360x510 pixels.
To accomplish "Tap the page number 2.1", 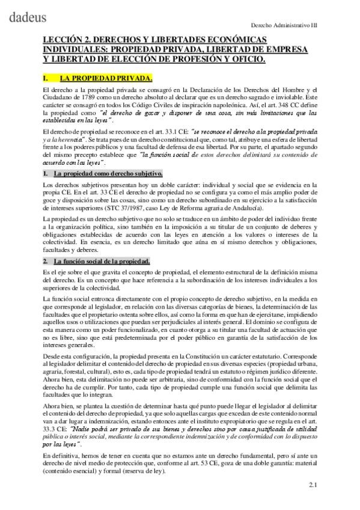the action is (313, 485).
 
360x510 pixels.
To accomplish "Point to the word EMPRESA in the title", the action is (285, 49).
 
